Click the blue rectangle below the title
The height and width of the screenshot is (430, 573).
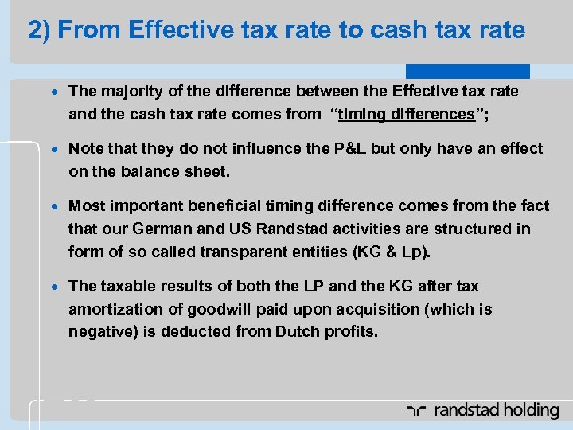tap(467, 71)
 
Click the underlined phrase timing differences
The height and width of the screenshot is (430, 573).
tap(406, 114)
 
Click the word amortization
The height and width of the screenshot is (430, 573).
tap(115, 309)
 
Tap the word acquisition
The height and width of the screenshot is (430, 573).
tap(363, 309)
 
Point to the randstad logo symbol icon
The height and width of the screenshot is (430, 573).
tap(416, 411)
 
